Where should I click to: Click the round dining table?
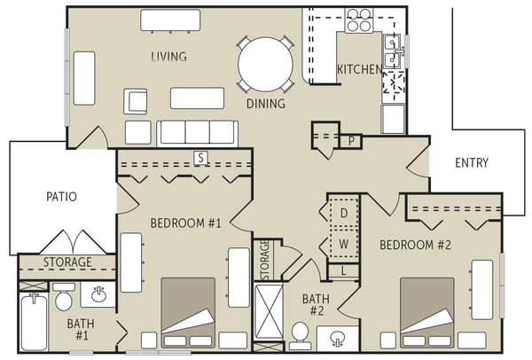click(265, 64)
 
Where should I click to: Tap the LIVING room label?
click(168, 57)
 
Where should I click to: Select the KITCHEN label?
click(359, 69)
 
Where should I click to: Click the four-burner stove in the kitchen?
click(359, 20)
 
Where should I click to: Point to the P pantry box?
click(351, 141)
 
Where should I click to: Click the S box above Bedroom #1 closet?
click(201, 158)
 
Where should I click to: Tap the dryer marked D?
click(344, 213)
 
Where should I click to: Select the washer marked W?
click(344, 243)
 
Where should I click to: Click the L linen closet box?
click(343, 270)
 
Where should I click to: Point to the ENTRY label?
click(472, 163)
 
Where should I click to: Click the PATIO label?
click(61, 197)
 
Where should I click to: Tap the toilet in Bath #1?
click(64, 296)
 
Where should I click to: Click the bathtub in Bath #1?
click(34, 321)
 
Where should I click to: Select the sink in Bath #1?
click(98, 293)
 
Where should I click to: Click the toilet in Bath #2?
click(300, 335)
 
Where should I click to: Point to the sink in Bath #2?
click(338, 339)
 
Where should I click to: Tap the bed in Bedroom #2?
click(427, 313)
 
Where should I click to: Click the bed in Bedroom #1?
click(188, 313)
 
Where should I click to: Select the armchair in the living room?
click(136, 101)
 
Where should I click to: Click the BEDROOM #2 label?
click(415, 245)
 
